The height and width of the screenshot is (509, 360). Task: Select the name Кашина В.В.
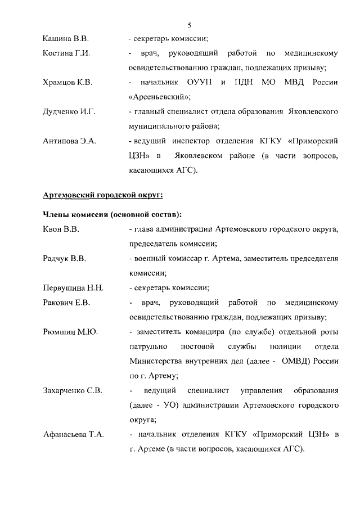click(65, 39)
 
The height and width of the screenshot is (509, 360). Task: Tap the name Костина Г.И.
click(66, 53)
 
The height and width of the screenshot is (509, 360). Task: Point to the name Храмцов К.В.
click(67, 83)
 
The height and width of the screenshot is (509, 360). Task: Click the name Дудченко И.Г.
click(69, 112)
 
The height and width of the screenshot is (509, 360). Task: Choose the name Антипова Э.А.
click(70, 141)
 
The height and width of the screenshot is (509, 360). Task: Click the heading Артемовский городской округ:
click(103, 195)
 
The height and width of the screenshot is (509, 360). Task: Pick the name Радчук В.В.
click(64, 258)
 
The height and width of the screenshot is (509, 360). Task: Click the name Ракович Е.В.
click(66, 303)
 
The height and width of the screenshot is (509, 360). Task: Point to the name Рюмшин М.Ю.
click(70, 332)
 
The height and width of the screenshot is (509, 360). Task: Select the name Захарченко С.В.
click(73, 390)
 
